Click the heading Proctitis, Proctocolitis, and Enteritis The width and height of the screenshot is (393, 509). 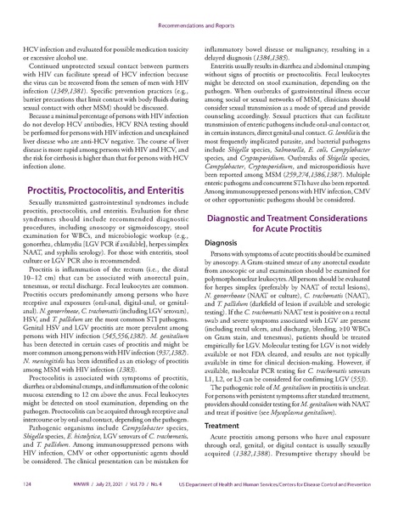click(x=103, y=192)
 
